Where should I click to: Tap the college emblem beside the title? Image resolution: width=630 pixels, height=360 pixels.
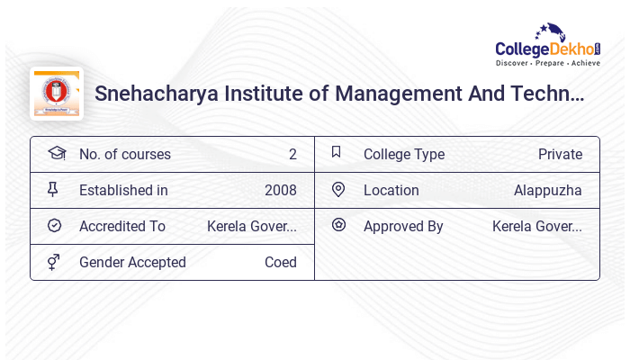coord(56,93)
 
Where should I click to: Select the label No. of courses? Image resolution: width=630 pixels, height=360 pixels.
coord(124,154)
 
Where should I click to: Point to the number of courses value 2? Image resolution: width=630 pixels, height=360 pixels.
coord(292,154)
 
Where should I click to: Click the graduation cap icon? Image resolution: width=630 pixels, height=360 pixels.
coord(56,153)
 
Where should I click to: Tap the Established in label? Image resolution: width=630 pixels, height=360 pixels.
coord(123,190)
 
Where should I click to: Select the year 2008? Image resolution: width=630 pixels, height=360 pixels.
coord(280,190)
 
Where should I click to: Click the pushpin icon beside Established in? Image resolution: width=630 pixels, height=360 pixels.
coord(53,189)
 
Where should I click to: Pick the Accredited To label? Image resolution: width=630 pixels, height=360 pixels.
coord(122,226)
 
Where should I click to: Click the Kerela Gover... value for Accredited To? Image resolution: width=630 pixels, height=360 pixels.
coord(252,226)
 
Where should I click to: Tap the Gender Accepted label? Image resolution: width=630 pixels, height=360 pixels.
coord(132,262)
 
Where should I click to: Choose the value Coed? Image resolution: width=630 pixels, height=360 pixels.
coord(280,262)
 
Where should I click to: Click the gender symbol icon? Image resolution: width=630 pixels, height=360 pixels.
coord(53,262)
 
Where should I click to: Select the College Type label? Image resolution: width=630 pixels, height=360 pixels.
coord(404,154)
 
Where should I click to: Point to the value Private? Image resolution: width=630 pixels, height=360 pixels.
coord(560,154)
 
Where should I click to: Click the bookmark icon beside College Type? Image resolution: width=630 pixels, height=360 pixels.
coord(337,152)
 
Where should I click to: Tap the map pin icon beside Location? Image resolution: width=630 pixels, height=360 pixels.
coord(338,189)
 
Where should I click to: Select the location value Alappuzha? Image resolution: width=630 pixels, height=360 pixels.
coord(547,190)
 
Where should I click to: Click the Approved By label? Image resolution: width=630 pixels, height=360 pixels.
coord(403,226)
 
